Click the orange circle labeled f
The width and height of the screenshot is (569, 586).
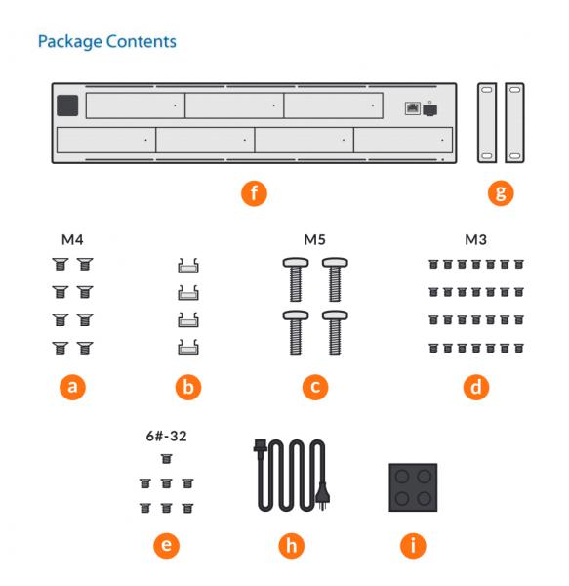[x=254, y=193]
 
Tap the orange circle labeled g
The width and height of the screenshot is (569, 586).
[x=501, y=193]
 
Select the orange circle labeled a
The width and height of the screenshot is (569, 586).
[x=72, y=387]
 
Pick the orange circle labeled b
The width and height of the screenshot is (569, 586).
[x=188, y=387]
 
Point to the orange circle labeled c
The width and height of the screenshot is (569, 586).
[x=315, y=387]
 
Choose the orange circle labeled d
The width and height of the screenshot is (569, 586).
[x=476, y=387]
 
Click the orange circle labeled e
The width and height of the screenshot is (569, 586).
[x=166, y=546]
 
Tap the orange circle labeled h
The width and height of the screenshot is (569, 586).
[x=291, y=546]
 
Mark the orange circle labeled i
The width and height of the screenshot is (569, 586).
[x=413, y=546]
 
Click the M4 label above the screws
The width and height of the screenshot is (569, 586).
[x=72, y=239]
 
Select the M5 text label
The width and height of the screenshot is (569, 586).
[x=314, y=239]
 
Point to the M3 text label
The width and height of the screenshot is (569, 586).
[x=475, y=239]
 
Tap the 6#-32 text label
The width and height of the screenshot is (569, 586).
[x=166, y=437]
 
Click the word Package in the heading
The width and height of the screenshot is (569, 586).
[x=71, y=42]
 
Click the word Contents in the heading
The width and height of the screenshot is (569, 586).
[x=142, y=41]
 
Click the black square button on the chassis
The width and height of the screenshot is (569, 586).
[x=67, y=105]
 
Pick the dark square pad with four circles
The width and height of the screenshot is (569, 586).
[x=413, y=487]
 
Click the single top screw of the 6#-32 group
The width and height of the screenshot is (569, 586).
[x=166, y=459]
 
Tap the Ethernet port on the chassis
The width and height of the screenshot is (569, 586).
[x=413, y=108]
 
